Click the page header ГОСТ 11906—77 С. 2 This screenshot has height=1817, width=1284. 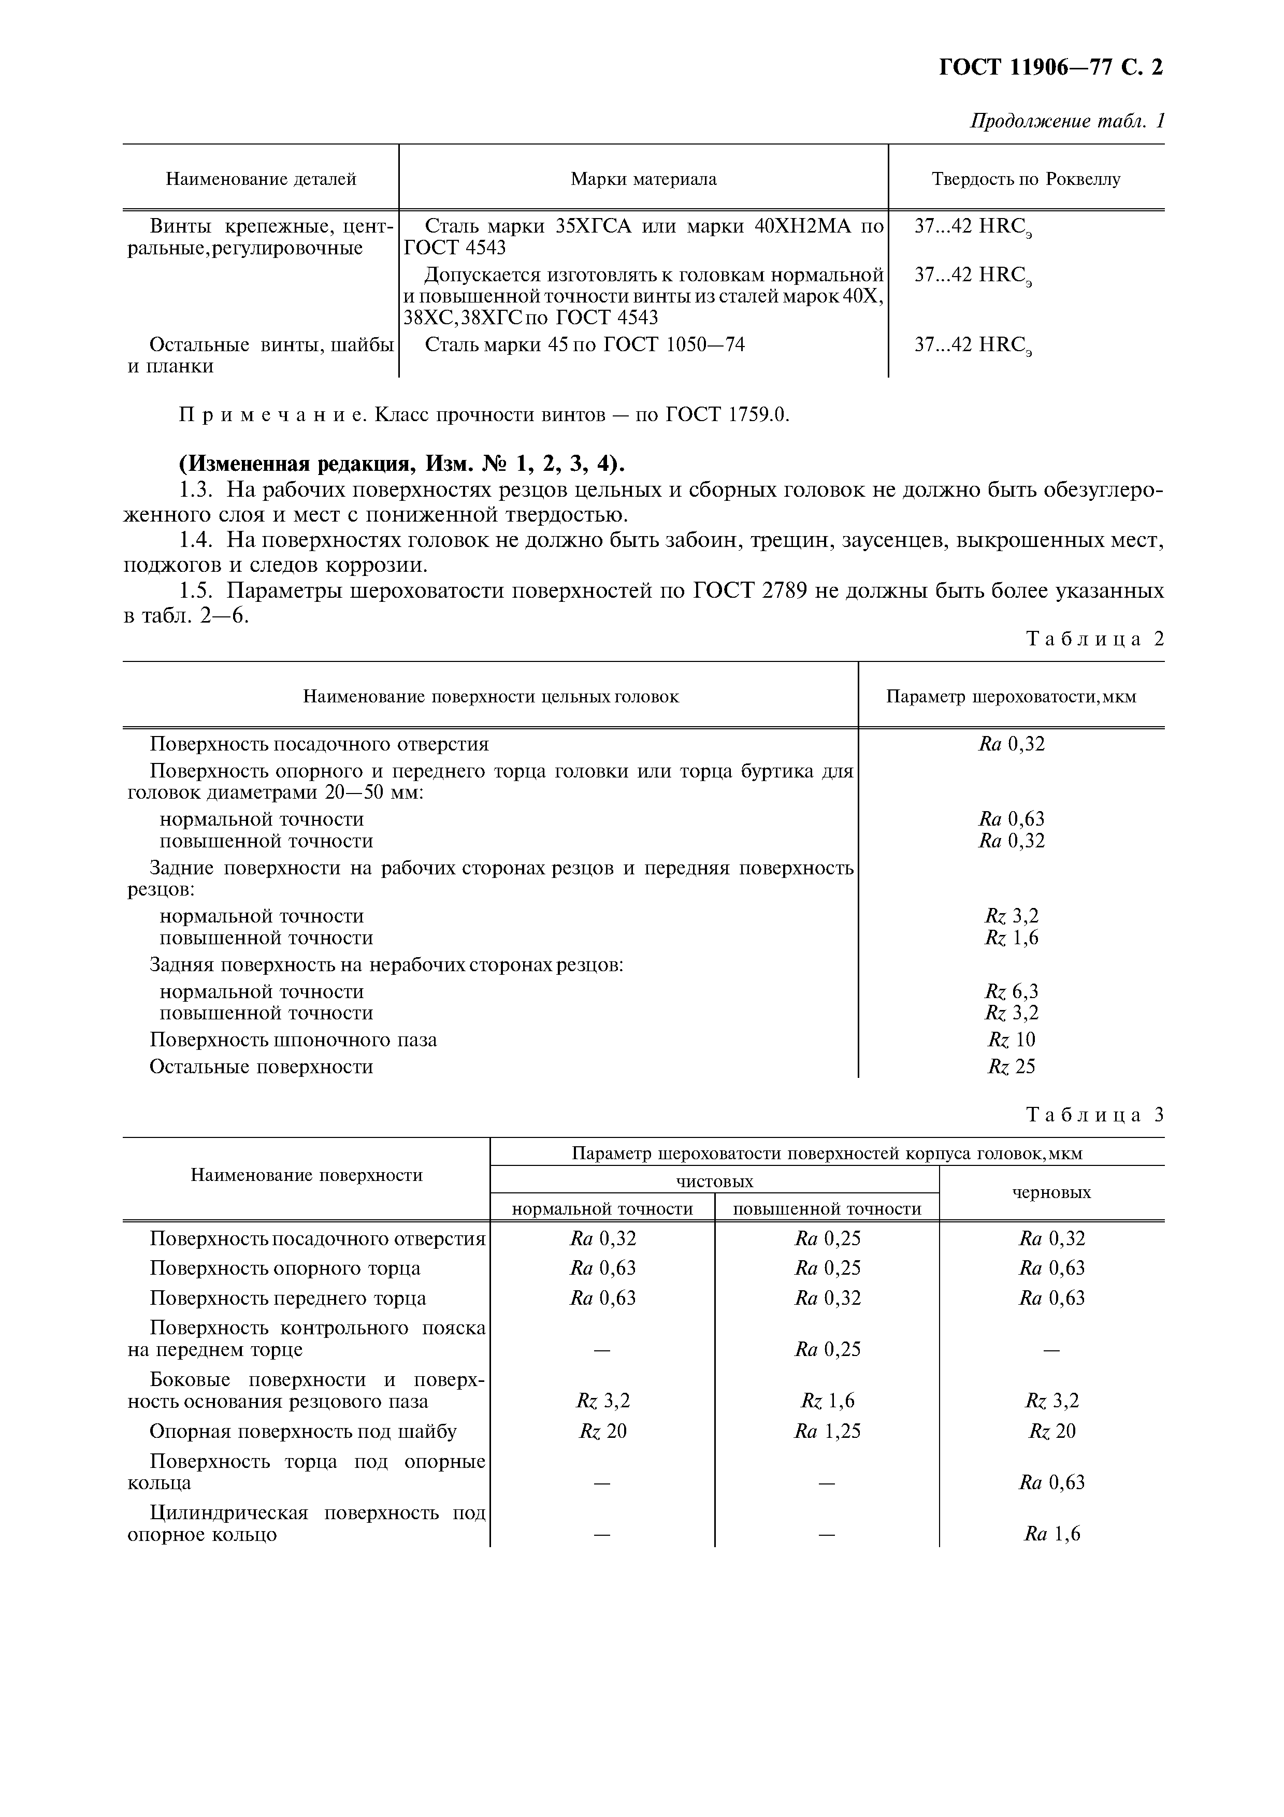pyautogui.click(x=1050, y=68)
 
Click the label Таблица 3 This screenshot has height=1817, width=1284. pyautogui.click(x=1095, y=1115)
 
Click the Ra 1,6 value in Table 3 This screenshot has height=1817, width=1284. pyautogui.click(x=1051, y=1534)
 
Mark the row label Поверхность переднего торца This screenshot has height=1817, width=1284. pyautogui.click(x=288, y=1298)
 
